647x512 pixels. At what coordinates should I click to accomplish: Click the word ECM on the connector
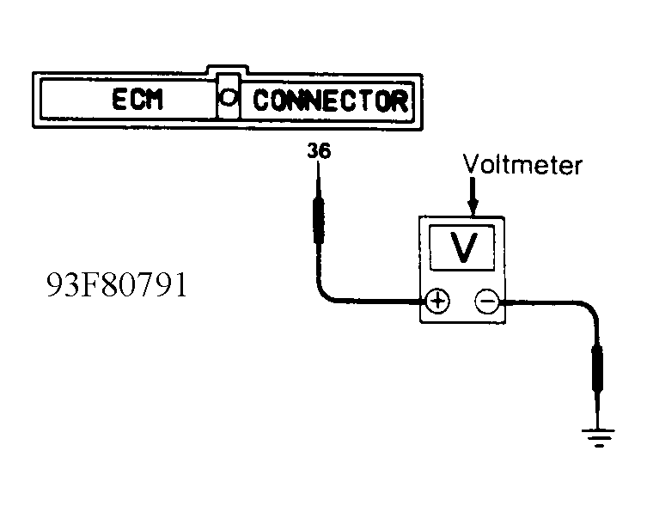point(137,100)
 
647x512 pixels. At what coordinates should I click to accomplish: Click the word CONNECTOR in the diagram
point(331,101)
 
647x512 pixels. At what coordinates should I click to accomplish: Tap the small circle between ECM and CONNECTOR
point(228,97)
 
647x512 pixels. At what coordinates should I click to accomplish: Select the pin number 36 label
point(319,151)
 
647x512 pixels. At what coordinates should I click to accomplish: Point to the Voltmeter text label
point(522,165)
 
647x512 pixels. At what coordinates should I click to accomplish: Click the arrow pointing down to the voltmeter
point(473,197)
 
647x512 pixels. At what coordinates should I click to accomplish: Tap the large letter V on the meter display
point(463,247)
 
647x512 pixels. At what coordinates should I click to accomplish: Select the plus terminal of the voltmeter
point(437,302)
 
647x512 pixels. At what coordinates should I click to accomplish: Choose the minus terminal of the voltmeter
point(487,302)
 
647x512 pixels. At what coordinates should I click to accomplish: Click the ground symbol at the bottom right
point(598,437)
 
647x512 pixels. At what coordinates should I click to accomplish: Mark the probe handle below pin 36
point(319,221)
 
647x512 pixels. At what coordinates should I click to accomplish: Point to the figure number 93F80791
point(117,284)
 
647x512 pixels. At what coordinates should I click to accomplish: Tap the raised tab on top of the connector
point(228,69)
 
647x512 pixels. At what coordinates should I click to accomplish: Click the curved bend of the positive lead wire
point(326,294)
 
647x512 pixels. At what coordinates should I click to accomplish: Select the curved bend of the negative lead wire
point(589,310)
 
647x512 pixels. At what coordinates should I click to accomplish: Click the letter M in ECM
point(155,100)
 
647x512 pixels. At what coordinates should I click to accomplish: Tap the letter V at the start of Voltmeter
point(471,164)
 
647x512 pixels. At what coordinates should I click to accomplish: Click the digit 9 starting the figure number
point(54,284)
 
